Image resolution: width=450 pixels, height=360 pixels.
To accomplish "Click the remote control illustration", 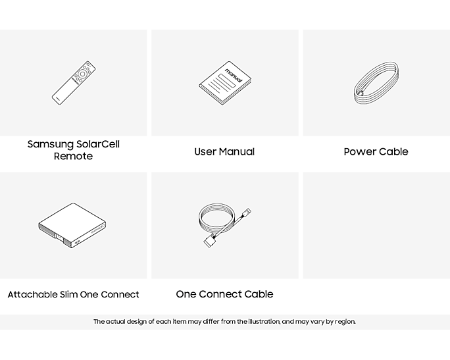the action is [74, 83].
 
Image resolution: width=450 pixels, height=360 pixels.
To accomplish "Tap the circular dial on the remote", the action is [83, 74].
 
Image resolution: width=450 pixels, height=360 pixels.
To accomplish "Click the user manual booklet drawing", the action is [225, 83].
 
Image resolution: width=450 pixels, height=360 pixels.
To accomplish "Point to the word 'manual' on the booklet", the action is [234, 75].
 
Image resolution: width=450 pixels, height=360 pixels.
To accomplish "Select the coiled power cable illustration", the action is [376, 83].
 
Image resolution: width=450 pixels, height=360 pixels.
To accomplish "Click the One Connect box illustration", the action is [72, 225].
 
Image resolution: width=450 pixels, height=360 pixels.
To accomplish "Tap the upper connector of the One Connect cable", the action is [247, 213].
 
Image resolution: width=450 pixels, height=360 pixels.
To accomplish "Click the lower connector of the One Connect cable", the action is [209, 241].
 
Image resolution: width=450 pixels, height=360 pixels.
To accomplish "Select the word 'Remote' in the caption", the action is [73, 156].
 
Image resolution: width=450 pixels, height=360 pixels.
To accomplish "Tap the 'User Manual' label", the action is [224, 151].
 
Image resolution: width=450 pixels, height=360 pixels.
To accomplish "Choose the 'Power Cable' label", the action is [376, 151].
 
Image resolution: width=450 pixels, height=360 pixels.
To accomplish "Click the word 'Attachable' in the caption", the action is [32, 294].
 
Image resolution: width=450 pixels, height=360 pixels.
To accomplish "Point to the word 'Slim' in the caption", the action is [68, 294].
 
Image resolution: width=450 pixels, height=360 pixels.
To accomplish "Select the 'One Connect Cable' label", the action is [224, 294].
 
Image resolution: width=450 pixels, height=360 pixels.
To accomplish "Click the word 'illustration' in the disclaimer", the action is [264, 322].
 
